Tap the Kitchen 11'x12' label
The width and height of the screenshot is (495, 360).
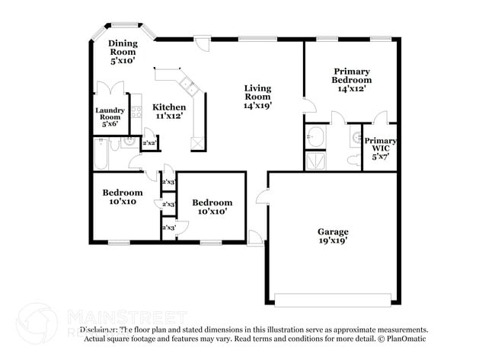point(168,112)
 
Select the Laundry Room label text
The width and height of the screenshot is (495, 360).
point(110,116)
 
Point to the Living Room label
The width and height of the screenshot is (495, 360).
point(257,97)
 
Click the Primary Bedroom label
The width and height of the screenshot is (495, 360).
point(351,79)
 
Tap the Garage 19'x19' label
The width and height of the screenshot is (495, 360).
point(333,236)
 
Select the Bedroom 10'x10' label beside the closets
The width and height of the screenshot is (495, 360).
point(211,207)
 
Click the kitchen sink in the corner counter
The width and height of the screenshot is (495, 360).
point(187,84)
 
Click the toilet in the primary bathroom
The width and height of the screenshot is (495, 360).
point(352,159)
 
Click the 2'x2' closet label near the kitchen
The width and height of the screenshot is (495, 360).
point(149,143)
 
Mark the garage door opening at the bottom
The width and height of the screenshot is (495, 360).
point(333,298)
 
